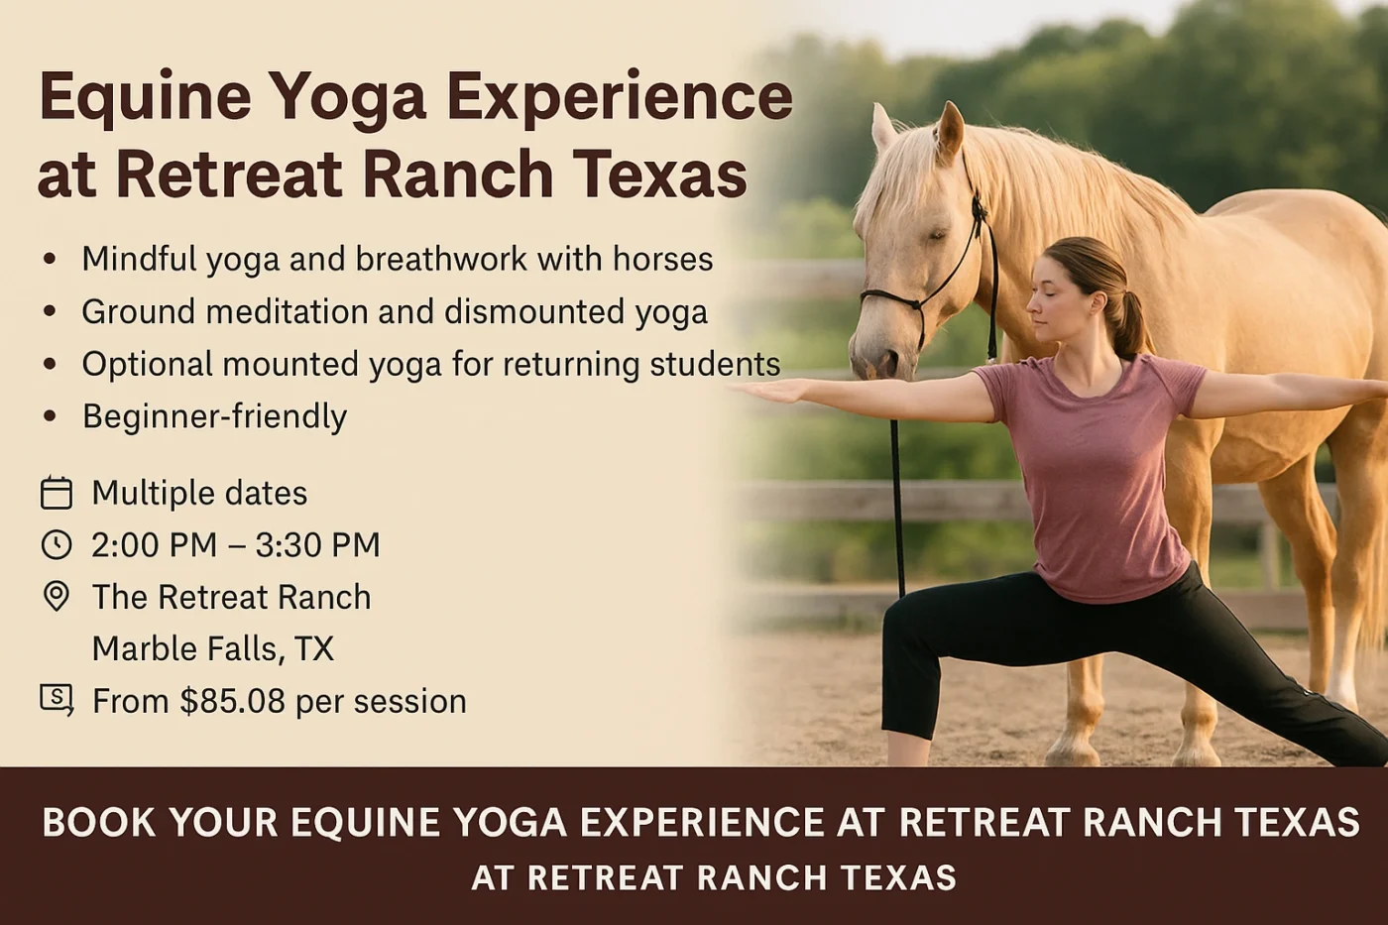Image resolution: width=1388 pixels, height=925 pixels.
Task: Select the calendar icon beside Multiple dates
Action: (x=57, y=493)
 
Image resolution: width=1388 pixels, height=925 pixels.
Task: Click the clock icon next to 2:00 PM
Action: (x=57, y=544)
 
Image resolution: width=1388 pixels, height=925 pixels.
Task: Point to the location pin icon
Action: (x=57, y=596)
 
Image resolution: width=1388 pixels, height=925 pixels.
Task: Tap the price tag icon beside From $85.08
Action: (x=57, y=699)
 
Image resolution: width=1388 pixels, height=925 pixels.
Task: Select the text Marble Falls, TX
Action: (x=213, y=648)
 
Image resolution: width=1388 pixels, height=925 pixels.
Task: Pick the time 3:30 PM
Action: (x=317, y=544)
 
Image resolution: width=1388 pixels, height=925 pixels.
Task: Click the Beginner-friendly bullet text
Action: (x=214, y=416)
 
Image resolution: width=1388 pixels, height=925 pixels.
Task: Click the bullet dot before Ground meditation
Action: (x=50, y=311)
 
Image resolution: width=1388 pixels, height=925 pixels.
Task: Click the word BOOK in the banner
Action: (x=99, y=823)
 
